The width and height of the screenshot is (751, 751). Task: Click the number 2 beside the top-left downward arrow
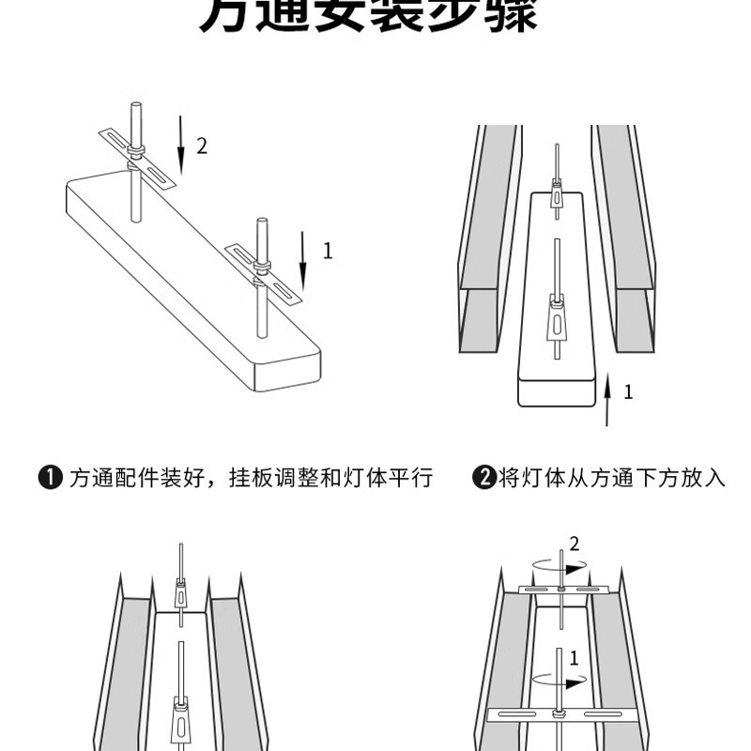click(x=201, y=146)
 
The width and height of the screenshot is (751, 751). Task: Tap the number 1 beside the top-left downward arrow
click(x=328, y=251)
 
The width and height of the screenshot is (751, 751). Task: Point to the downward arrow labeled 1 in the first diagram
click(x=302, y=260)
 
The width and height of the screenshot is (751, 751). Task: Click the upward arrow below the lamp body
click(x=607, y=399)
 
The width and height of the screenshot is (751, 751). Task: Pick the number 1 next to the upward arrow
click(x=628, y=391)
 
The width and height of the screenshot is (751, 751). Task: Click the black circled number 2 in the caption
click(x=482, y=478)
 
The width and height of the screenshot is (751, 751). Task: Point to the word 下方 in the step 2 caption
click(x=658, y=478)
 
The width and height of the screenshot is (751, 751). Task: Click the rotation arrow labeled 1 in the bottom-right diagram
click(x=560, y=675)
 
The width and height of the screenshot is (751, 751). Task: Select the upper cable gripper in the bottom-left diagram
click(x=180, y=593)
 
